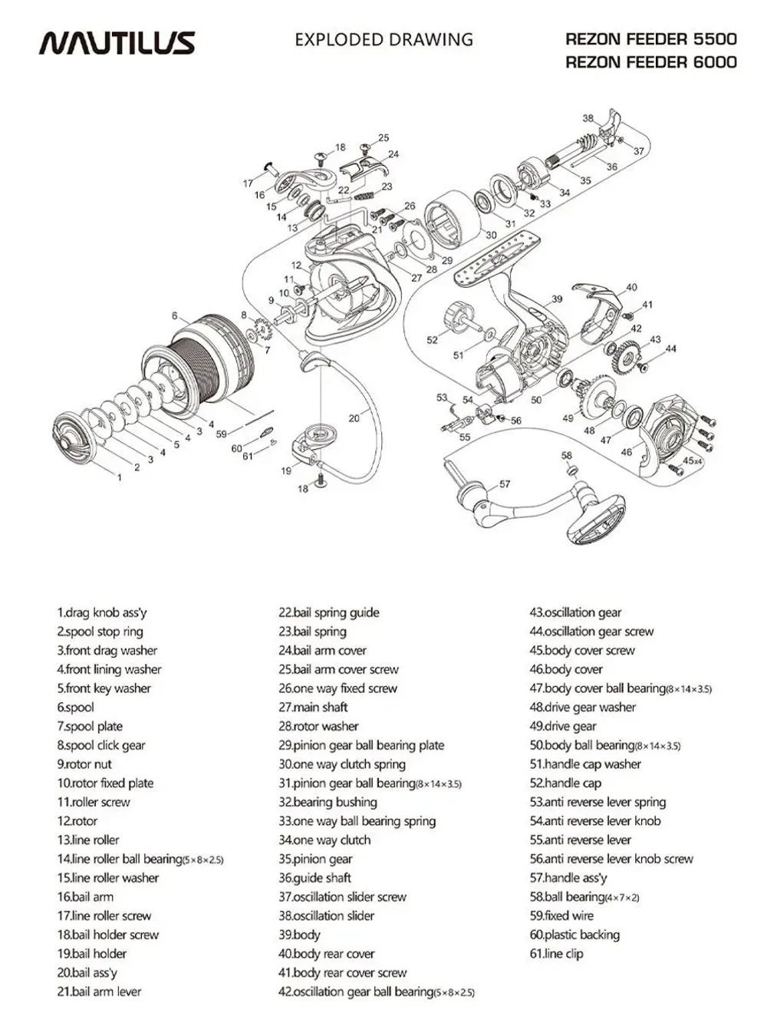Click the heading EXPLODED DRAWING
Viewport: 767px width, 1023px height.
click(x=383, y=39)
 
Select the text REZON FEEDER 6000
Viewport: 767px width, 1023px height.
click(x=650, y=62)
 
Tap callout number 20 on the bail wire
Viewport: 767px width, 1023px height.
click(x=354, y=418)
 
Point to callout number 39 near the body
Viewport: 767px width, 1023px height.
click(x=557, y=299)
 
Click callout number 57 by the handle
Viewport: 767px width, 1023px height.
click(x=505, y=484)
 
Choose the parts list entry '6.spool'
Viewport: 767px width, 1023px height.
click(x=75, y=708)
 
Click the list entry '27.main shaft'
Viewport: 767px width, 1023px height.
click(x=313, y=708)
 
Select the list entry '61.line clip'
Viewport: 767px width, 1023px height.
click(x=556, y=954)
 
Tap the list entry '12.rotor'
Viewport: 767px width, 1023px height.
click(x=77, y=821)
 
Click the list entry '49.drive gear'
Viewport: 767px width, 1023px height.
click(x=562, y=726)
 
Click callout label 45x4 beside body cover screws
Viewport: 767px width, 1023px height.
click(x=693, y=460)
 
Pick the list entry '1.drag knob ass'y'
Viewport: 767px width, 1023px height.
click(x=101, y=612)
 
